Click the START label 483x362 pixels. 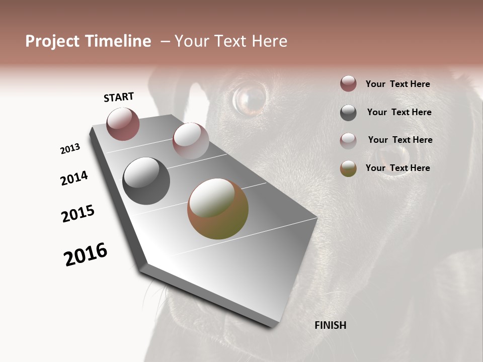click(x=119, y=97)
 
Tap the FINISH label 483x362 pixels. click(x=330, y=325)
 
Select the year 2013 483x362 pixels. click(x=70, y=149)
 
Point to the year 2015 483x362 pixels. click(x=78, y=214)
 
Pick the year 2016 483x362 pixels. click(x=86, y=254)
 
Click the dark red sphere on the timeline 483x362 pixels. click(x=123, y=124)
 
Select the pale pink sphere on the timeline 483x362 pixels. click(x=191, y=140)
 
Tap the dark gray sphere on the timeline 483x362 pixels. click(x=146, y=181)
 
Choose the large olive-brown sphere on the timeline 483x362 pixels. click(x=217, y=209)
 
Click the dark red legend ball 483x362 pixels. click(x=348, y=84)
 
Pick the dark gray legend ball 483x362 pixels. click(x=348, y=113)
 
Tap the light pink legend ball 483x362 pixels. click(x=348, y=140)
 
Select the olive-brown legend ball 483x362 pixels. click(x=348, y=168)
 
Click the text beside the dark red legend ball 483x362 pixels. click(x=397, y=84)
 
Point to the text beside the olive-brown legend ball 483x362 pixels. click(x=397, y=168)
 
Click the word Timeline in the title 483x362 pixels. click(x=118, y=41)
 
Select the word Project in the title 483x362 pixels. click(x=52, y=41)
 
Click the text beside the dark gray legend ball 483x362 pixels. click(x=399, y=112)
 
